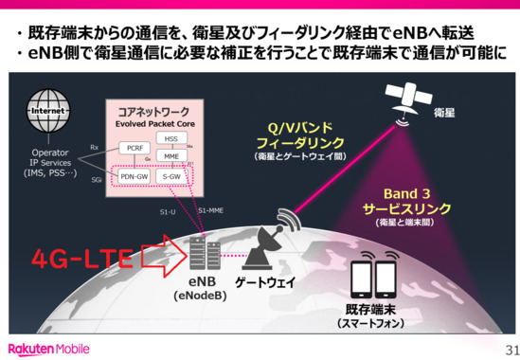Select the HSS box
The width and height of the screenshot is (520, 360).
tap(171, 139)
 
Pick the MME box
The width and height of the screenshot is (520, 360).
tap(171, 155)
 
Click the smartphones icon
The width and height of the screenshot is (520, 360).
tap(373, 279)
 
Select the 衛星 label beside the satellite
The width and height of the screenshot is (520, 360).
tap(445, 113)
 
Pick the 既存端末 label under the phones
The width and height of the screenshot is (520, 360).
tap(372, 310)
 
